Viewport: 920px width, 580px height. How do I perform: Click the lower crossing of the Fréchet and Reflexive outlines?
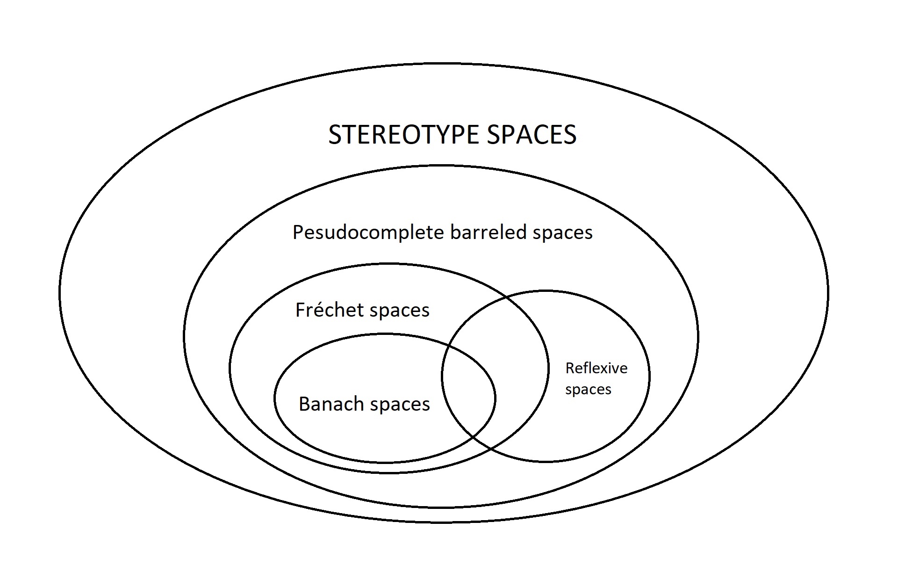point(491,448)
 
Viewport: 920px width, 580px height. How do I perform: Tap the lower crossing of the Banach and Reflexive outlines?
point(473,437)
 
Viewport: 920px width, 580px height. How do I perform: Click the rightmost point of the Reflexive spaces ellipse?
point(649,376)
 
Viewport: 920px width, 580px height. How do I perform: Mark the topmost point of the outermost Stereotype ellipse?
point(444,63)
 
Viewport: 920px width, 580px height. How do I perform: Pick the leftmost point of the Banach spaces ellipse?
point(275,398)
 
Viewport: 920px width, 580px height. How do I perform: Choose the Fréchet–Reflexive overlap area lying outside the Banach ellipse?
point(519,370)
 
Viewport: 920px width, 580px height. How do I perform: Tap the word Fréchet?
point(330,310)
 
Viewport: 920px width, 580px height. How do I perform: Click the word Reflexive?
point(597,368)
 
